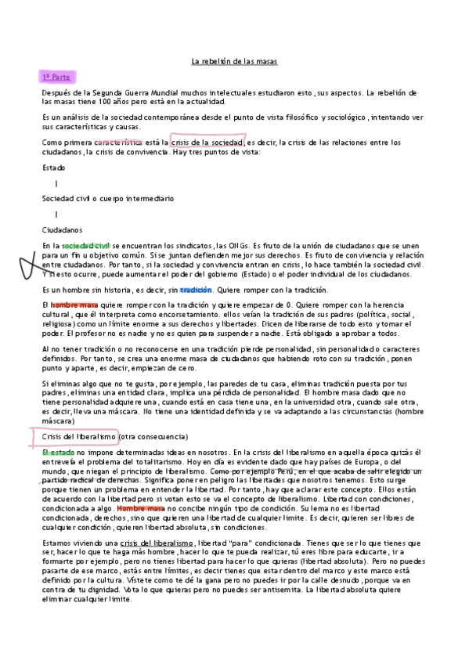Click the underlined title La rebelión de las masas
pos(234,61)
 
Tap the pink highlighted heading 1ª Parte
pos(56,78)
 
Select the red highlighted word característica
pos(117,143)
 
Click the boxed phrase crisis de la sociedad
pos(206,143)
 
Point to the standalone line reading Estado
pos(54,168)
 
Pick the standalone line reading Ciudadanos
pos(62,229)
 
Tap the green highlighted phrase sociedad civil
pos(86,246)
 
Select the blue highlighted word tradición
pos(196,290)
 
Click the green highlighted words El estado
pos(57,452)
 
